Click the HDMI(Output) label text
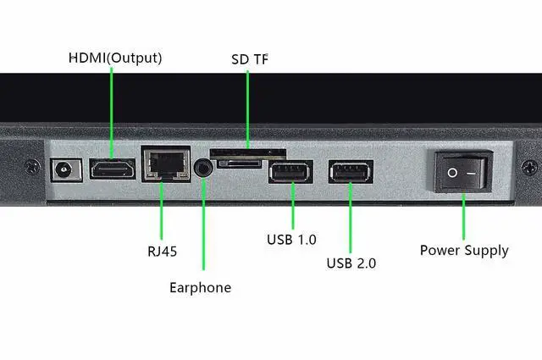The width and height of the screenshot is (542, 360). click(115, 58)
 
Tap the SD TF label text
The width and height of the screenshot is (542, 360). click(250, 60)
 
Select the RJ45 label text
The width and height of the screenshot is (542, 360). click(162, 252)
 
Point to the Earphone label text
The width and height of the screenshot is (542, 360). click(200, 287)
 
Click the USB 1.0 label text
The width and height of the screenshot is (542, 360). click(290, 239)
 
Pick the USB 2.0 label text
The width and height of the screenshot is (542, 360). click(351, 263)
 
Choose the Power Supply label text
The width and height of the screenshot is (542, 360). click(464, 250)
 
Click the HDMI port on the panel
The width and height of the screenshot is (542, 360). click(113, 169)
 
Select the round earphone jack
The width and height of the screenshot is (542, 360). click(203, 167)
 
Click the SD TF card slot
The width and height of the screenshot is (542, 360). click(250, 157)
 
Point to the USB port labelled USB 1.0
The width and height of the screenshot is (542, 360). click(290, 172)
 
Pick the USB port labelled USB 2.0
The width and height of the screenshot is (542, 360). click(350, 172)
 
